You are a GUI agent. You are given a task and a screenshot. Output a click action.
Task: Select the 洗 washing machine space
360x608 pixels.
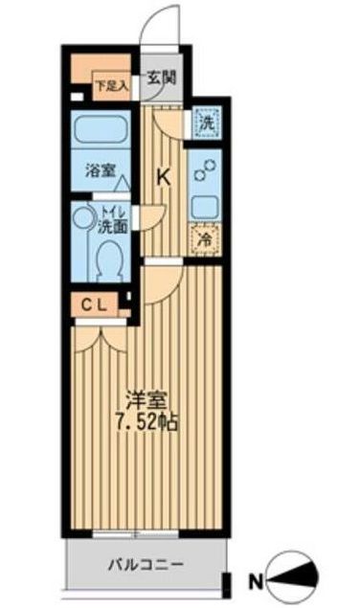click(x=204, y=123)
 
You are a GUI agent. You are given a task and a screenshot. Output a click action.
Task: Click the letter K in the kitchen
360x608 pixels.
click(x=163, y=176)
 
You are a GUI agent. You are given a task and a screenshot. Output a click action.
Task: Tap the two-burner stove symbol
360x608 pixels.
click(x=204, y=169)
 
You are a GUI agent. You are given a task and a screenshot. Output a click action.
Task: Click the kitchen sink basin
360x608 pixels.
click(x=204, y=206)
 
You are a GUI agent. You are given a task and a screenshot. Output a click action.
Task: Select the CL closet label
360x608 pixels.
click(x=96, y=305)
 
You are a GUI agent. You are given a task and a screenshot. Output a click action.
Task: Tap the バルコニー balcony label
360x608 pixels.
click(x=144, y=564)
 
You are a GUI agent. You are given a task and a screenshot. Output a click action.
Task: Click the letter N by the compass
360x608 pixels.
click(x=255, y=580)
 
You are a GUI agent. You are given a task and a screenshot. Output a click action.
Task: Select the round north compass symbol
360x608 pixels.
click(x=292, y=579)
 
